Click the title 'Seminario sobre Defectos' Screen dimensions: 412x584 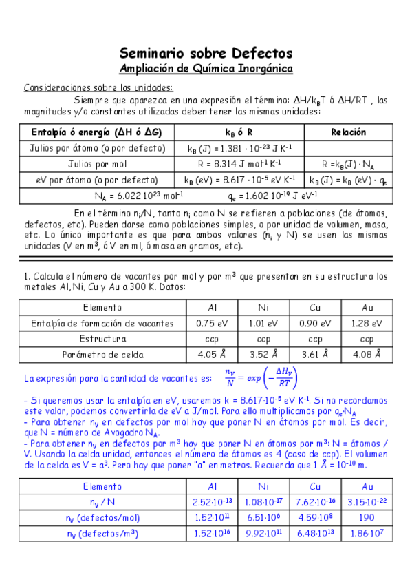(x=206, y=53)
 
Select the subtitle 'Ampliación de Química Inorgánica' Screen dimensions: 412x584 (x=206, y=69)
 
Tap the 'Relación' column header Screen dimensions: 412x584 (x=348, y=132)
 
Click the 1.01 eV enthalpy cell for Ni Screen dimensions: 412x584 (x=263, y=323)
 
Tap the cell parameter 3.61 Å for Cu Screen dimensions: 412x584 (x=315, y=355)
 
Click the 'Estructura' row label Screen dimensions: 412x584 (x=102, y=339)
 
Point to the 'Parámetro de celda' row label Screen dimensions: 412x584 (x=102, y=355)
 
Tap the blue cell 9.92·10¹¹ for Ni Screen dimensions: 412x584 (x=263, y=534)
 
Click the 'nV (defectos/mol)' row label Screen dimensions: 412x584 (x=102, y=518)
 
